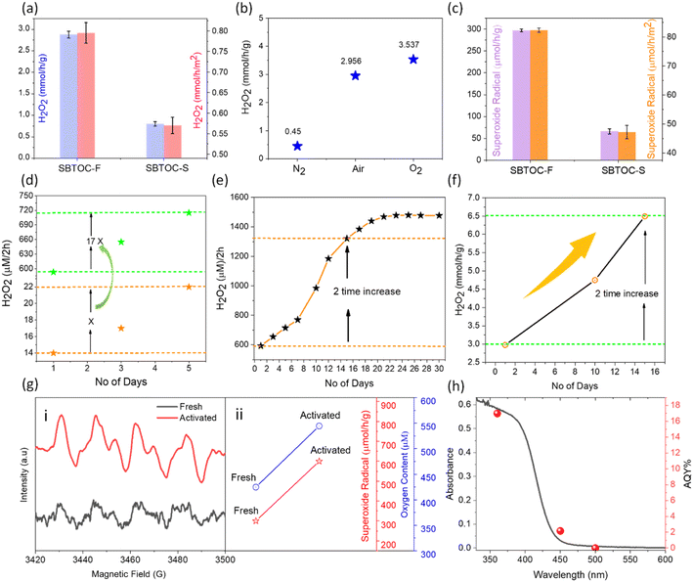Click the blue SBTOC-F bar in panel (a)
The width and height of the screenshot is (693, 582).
click(68, 95)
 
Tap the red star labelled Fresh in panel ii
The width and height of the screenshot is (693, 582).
click(256, 521)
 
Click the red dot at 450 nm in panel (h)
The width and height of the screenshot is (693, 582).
click(560, 531)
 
